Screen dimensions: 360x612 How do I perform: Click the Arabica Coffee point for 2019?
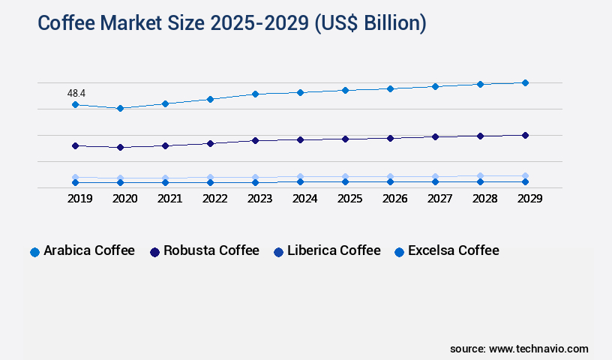coord(75,104)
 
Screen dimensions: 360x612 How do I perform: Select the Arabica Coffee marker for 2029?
coord(525,82)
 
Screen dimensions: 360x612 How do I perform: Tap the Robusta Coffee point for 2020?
coord(120,148)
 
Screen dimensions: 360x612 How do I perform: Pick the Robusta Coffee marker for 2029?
coord(525,135)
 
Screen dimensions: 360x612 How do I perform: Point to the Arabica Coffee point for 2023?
coord(255,94)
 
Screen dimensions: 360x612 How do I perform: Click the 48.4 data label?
coord(76,93)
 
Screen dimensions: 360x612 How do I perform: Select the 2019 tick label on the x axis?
coord(80,199)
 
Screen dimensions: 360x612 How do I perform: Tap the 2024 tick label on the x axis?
coord(305,199)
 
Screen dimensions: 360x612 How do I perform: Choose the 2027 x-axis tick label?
coord(440,199)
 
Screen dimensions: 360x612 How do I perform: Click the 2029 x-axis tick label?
coord(530,199)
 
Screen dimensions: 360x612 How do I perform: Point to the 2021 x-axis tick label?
coord(170,199)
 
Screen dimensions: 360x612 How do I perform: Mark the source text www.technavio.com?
coord(538,349)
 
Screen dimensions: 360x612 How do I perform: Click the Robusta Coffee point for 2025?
coord(345,139)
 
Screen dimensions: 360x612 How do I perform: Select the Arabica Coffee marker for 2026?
coord(390,88)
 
